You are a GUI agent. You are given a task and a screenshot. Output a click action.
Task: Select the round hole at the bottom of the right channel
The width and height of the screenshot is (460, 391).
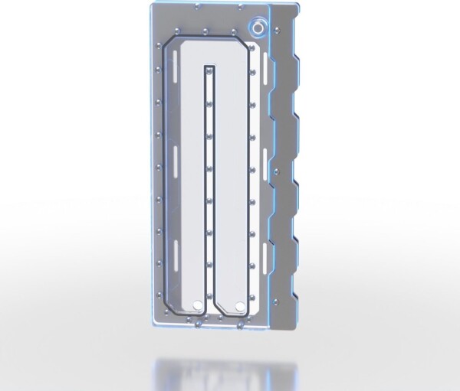(242, 308)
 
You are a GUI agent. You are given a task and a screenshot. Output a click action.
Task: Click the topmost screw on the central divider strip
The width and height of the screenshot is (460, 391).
(209, 77)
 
